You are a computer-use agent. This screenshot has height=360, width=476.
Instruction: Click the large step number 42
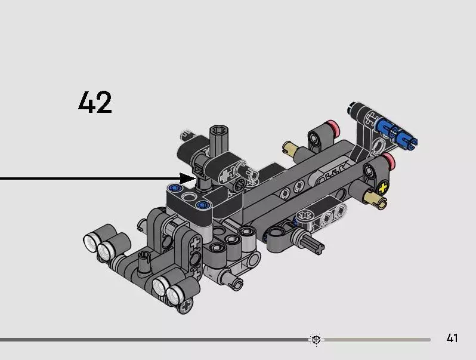tap(95, 102)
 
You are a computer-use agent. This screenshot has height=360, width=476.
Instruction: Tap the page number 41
tap(452, 338)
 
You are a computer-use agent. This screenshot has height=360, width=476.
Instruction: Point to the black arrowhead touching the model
tap(187, 179)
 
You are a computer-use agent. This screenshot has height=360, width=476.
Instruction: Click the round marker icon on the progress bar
tap(316, 339)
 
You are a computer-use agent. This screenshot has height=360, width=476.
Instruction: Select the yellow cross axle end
tap(383, 188)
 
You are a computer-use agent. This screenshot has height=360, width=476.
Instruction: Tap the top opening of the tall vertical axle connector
tap(219, 131)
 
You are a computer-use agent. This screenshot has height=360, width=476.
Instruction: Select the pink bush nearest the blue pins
tap(333, 128)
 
